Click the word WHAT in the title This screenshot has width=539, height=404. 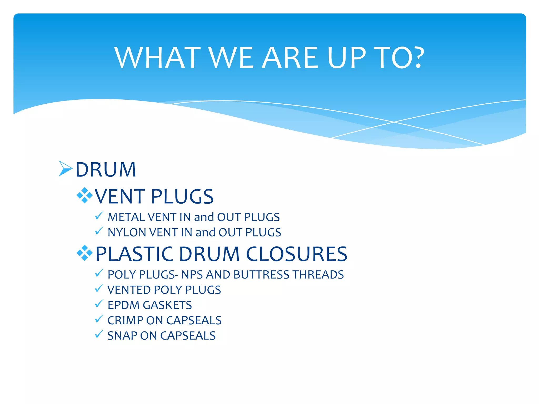point(157,58)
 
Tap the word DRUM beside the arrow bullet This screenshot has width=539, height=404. point(106,170)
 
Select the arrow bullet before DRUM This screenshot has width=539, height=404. point(65,168)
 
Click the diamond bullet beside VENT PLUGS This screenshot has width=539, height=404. point(84,195)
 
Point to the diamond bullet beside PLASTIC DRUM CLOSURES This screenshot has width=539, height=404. point(84,253)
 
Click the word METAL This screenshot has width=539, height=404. point(126,217)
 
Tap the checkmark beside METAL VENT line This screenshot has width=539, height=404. point(99,216)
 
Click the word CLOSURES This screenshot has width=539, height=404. point(297,254)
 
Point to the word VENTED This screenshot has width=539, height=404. point(129,290)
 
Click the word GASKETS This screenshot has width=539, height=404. point(167,305)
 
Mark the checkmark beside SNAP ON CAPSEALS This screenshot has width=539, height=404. point(99,334)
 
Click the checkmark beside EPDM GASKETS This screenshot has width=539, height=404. point(99,304)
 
